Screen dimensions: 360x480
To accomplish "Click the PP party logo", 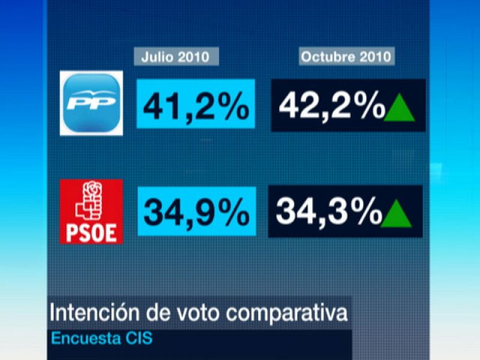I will [91, 103].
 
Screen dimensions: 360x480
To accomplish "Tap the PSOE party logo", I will [91, 211].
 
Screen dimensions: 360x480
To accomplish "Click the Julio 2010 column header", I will [175, 57].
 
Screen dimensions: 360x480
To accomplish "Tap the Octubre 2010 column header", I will [346, 57].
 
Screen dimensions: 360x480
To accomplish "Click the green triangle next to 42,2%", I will [400, 108].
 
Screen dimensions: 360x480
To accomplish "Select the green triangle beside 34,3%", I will [397, 214].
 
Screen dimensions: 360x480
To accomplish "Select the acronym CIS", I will [139, 338].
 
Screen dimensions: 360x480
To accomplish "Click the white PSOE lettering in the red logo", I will [91, 232].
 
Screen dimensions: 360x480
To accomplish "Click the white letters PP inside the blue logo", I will [91, 103].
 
